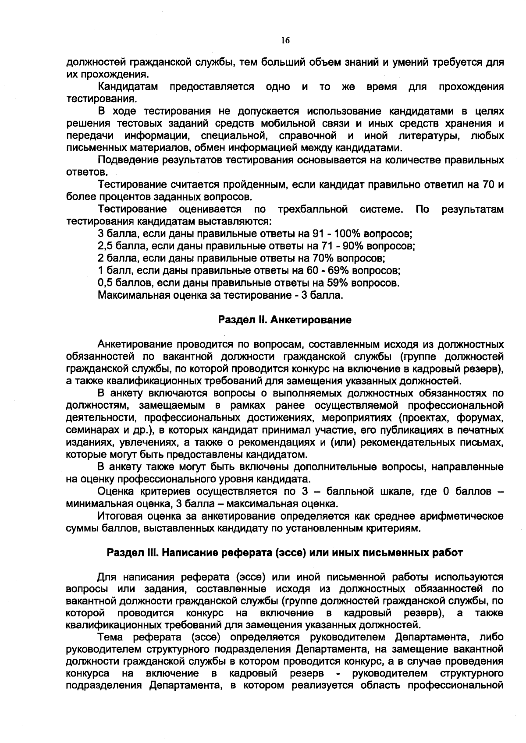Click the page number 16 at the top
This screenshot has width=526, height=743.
285,40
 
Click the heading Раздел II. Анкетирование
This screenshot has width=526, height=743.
284,320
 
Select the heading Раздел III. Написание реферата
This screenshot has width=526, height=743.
284,552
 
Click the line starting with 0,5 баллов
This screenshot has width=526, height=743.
248,283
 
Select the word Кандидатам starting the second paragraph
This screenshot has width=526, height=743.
128,87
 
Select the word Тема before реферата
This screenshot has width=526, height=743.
111,636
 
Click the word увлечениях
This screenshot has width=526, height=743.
146,442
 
